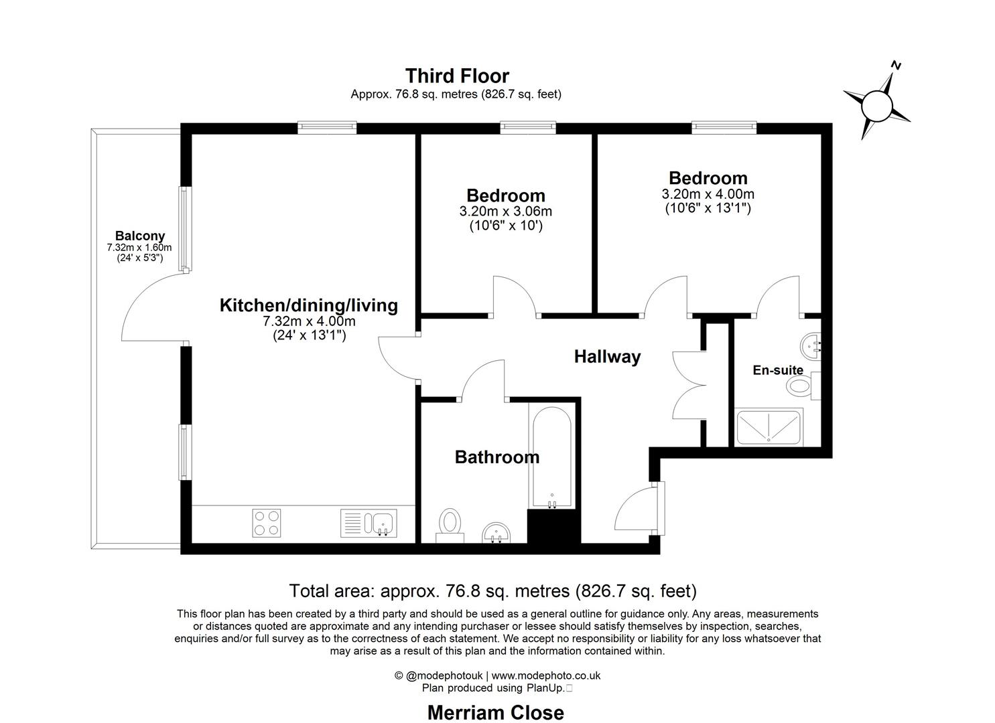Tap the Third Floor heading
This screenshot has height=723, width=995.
point(456,76)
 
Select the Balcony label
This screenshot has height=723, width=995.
point(139,236)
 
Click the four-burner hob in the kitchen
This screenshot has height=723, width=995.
point(266,523)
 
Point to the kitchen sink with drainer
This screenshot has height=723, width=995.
point(369,523)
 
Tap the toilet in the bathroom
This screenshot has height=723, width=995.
point(450,523)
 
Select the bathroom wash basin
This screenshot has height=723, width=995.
point(496,532)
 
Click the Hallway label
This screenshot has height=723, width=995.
point(607,357)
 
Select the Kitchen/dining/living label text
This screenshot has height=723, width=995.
point(308,305)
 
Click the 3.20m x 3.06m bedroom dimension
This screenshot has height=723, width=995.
point(505,212)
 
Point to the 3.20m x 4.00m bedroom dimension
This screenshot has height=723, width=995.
point(708,194)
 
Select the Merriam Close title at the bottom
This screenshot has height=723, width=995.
point(495,712)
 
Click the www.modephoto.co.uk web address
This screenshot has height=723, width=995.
point(545,675)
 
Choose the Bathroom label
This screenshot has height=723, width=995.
point(496,457)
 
